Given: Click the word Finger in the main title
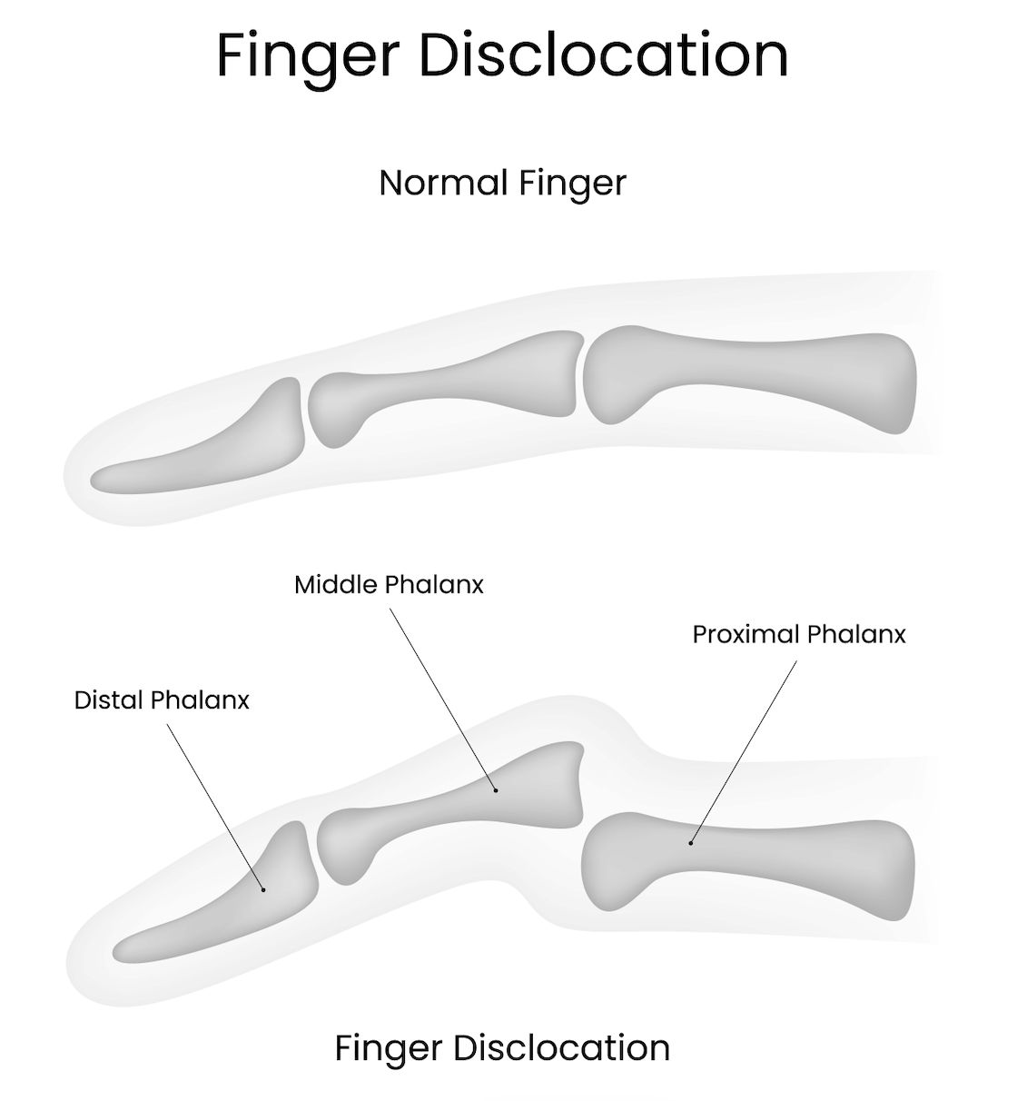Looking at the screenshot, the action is point(308,55).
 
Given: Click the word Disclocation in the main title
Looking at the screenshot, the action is point(603,55).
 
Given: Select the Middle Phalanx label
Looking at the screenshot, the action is point(389,584).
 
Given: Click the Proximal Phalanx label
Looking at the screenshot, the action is point(799,634).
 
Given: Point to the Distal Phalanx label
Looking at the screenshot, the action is point(162,699).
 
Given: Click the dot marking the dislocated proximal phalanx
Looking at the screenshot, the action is point(691,843).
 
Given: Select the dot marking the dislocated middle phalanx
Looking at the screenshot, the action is point(496,789).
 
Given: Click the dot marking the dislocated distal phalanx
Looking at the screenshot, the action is point(263,889).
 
